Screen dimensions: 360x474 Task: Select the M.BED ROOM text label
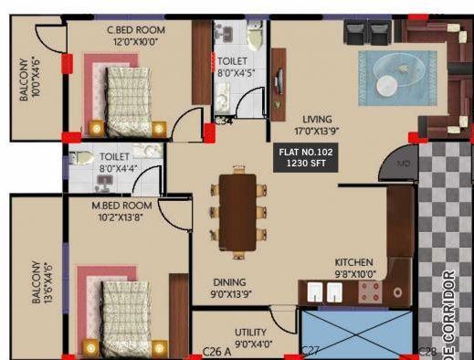pyautogui.click(x=121, y=206)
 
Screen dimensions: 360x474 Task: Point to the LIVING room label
pyautogui.click(x=318, y=119)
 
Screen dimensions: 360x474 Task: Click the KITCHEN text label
pyautogui.click(x=353, y=261)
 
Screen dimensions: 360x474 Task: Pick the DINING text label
pyautogui.click(x=229, y=282)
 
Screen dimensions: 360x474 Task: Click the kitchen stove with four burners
pyautogui.click(x=369, y=292)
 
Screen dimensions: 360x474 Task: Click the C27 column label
pyautogui.click(x=311, y=351)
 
